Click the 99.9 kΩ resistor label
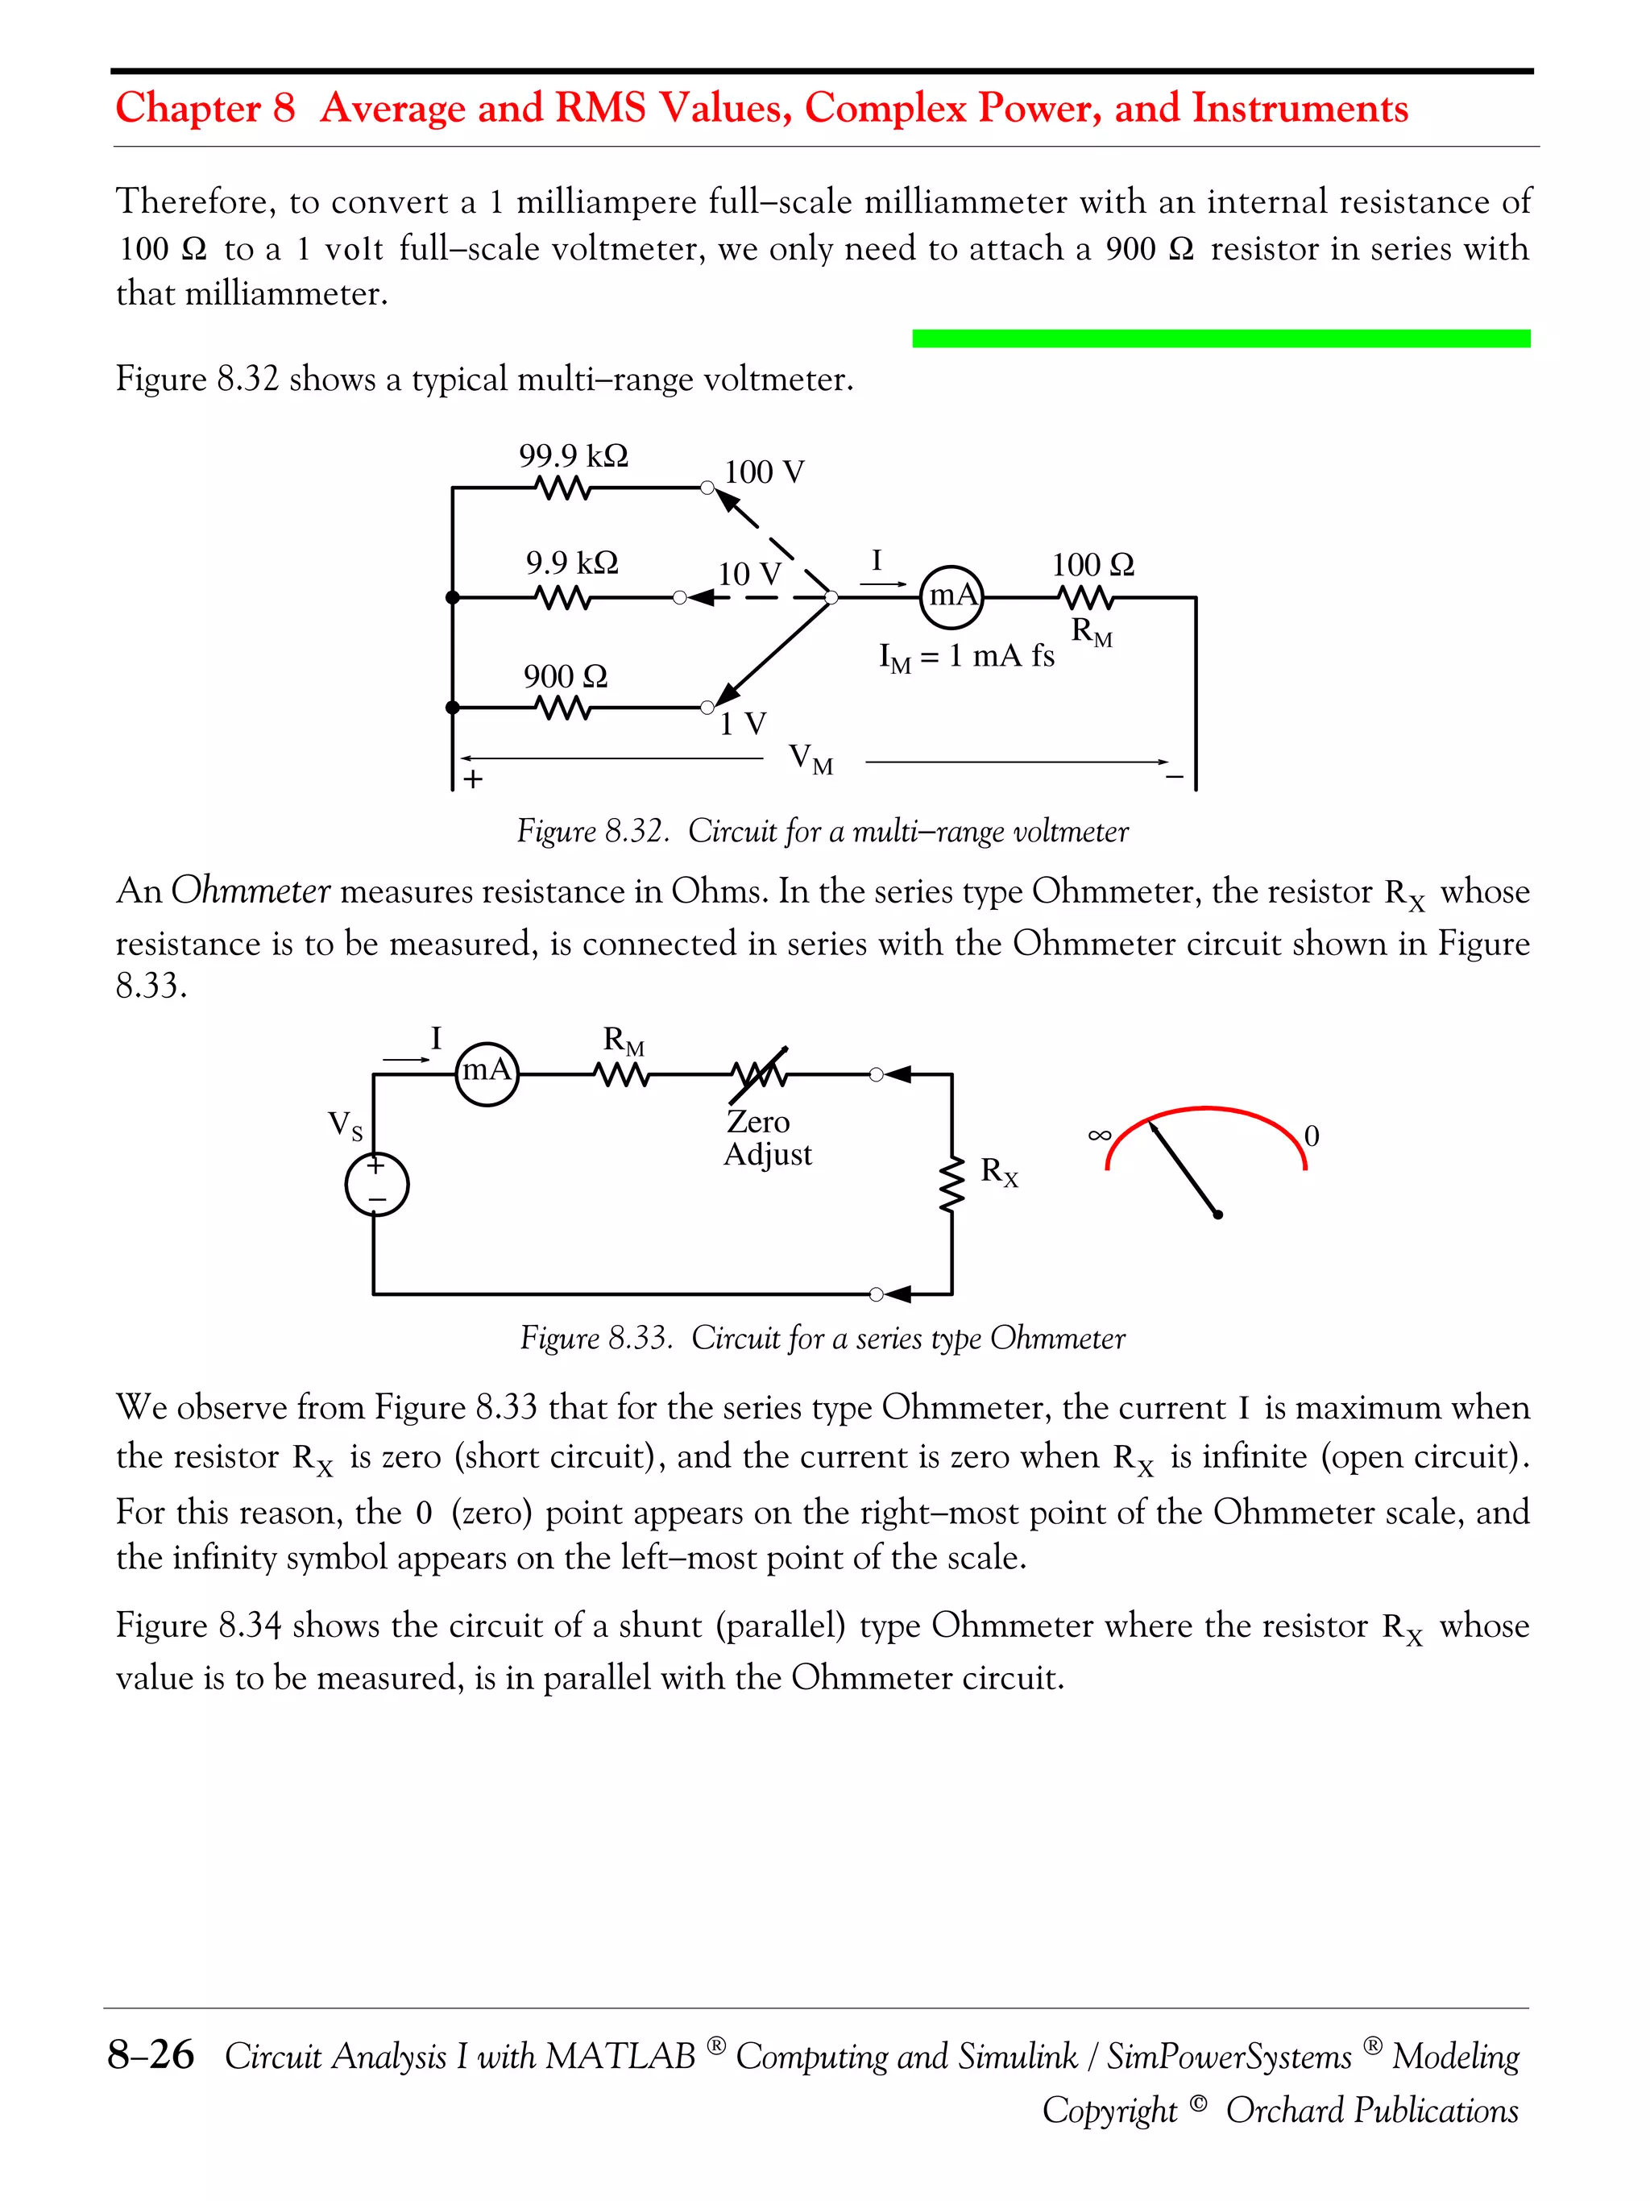click(573, 455)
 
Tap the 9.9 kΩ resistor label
click(572, 563)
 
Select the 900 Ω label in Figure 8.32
click(565, 677)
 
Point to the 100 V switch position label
click(764, 471)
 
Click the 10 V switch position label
click(749, 574)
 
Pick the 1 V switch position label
click(743, 724)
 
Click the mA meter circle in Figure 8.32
click(951, 597)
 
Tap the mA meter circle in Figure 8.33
click(487, 1073)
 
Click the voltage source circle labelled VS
click(377, 1184)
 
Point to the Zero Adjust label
click(767, 1137)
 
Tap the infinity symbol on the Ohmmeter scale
click(1099, 1134)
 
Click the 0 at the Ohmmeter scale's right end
click(1311, 1136)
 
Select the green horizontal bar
click(1221, 338)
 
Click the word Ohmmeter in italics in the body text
click(250, 891)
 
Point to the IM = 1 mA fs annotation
click(966, 657)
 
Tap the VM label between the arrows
click(810, 759)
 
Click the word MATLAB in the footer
click(620, 2055)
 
